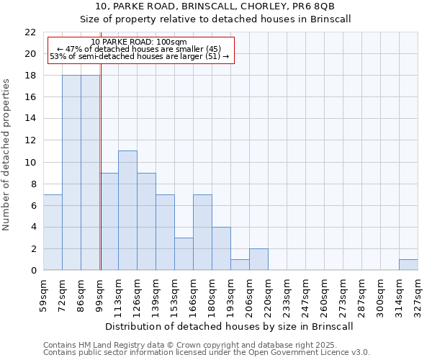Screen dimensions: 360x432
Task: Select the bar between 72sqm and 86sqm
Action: [71, 173]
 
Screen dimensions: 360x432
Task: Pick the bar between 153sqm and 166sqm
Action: [184, 253]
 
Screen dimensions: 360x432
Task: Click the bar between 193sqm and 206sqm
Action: [240, 264]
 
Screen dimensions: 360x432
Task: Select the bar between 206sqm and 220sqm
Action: [258, 259]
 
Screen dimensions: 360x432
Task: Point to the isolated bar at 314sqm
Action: [408, 264]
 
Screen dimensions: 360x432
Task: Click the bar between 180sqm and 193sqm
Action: [221, 248]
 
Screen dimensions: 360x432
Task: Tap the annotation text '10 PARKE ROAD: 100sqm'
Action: [139, 42]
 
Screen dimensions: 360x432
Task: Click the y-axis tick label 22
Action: [30, 32]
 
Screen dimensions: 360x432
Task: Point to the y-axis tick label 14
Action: [30, 119]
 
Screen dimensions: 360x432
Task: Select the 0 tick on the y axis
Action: [32, 271]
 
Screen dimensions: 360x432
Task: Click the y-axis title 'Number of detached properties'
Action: [7, 155]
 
